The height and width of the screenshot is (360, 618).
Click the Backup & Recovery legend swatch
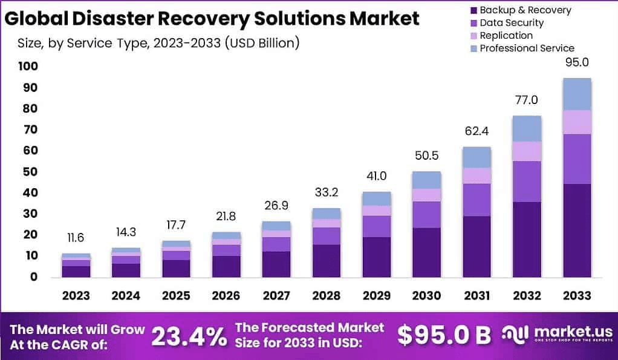(473, 10)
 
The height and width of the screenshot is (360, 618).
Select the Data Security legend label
(512, 23)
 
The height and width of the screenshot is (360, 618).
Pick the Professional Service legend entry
(527, 48)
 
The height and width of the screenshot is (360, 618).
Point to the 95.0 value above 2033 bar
(576, 62)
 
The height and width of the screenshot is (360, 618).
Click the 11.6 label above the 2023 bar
(76, 238)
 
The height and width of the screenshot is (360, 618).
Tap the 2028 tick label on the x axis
(326, 296)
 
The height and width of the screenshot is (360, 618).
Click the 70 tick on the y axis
(31, 130)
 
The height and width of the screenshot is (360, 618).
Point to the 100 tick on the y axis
(28, 67)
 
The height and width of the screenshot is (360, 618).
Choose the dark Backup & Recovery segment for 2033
(576, 230)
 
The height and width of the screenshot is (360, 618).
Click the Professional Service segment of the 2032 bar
(526, 128)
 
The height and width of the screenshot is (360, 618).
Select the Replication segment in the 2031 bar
(477, 175)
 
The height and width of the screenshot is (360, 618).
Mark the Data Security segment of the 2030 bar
(426, 214)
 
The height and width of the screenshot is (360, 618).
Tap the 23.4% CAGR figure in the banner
(188, 336)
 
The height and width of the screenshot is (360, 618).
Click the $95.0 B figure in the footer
(444, 335)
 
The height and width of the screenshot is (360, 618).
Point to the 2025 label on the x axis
(176, 296)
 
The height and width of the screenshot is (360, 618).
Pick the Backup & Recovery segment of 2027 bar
(276, 264)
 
